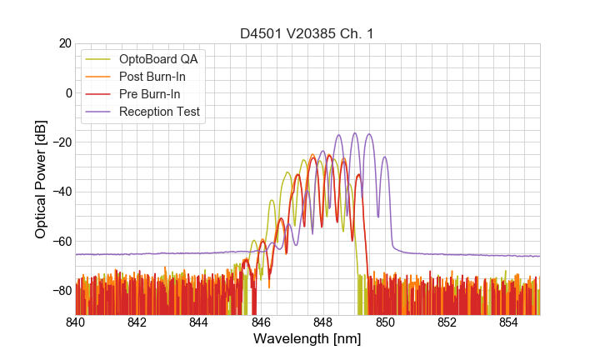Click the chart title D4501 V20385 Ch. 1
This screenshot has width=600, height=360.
307,33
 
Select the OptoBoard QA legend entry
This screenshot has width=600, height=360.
163,59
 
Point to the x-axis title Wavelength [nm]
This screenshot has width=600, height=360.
307,340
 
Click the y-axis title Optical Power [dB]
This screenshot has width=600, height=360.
41,179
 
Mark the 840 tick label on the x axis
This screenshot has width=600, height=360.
76,322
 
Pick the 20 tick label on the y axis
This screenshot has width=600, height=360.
64,43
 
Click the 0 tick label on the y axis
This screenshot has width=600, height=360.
68,92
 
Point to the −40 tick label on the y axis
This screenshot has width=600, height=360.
61,192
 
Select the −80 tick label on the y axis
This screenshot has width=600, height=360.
61,291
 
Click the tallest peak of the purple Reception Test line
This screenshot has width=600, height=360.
355,133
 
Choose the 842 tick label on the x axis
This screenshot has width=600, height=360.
137,322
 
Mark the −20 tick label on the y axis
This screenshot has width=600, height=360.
61,142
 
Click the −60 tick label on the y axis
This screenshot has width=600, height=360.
61,242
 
